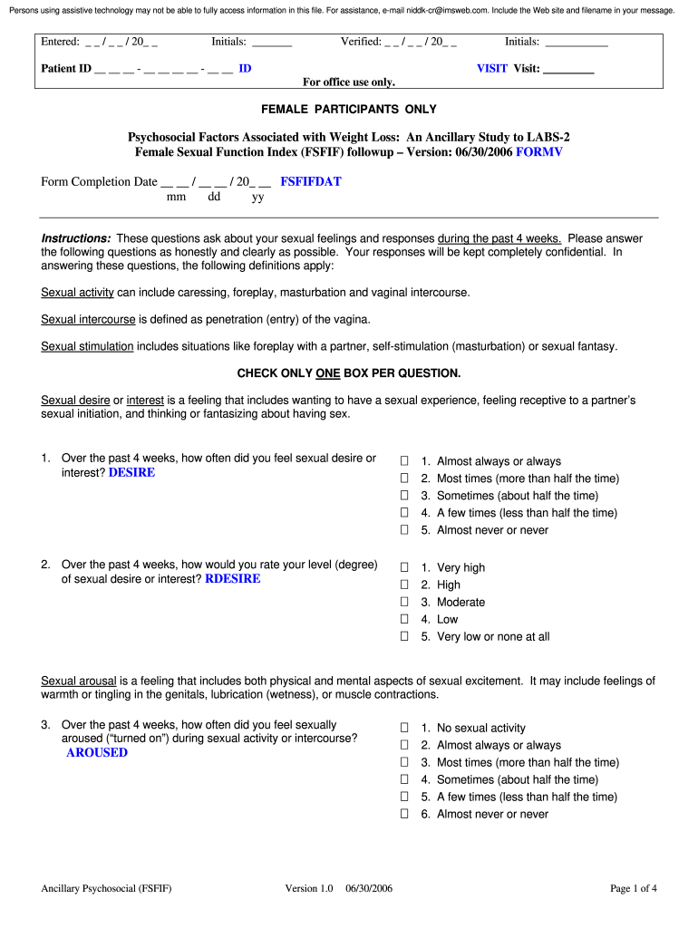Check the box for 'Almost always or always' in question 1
pos(405,461)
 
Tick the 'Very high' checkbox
pos(405,567)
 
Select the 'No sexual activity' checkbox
pos(405,728)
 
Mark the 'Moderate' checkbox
pos(405,602)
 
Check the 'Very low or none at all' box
pos(405,636)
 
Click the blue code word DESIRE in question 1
pos(131,472)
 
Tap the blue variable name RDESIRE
pos(232,578)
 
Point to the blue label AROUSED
pos(97,752)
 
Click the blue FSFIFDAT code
pos(310,181)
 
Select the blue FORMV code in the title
pos(538,151)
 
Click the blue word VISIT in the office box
pos(492,68)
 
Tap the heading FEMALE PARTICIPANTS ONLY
pos(349,109)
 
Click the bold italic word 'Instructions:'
pos(76,238)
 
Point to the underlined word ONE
pos(327,372)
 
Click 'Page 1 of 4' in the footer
pos(633,888)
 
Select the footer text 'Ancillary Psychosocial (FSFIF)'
pos(106,888)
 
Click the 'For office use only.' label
pos(349,82)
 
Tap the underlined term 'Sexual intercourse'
pos(88,319)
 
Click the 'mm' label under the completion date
pos(176,196)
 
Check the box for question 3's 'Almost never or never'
pos(405,814)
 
